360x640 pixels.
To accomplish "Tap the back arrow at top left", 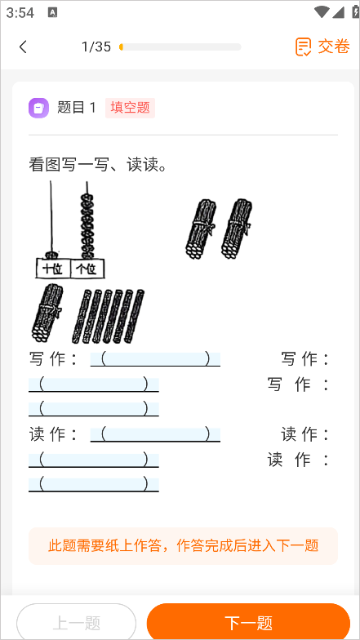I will [x=23, y=47].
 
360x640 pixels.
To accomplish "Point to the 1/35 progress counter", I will [x=96, y=47].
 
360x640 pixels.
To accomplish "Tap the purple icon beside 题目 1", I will [x=38, y=107].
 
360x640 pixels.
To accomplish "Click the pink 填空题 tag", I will [x=130, y=107].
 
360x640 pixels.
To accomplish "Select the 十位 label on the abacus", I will [x=53, y=269].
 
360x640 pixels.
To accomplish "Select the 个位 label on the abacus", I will [x=86, y=269].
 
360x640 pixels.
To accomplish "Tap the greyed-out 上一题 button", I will [x=76, y=623].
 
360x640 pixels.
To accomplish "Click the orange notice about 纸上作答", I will [x=183, y=545].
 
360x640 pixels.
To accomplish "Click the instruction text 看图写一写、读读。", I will [x=98, y=166].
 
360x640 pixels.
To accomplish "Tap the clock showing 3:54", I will [x=20, y=12].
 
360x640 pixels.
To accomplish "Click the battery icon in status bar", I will [x=345, y=12].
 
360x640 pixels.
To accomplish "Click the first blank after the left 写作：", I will [x=155, y=358].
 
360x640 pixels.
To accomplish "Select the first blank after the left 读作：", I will [x=155, y=433].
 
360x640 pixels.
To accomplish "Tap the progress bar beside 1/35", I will [x=180, y=47].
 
